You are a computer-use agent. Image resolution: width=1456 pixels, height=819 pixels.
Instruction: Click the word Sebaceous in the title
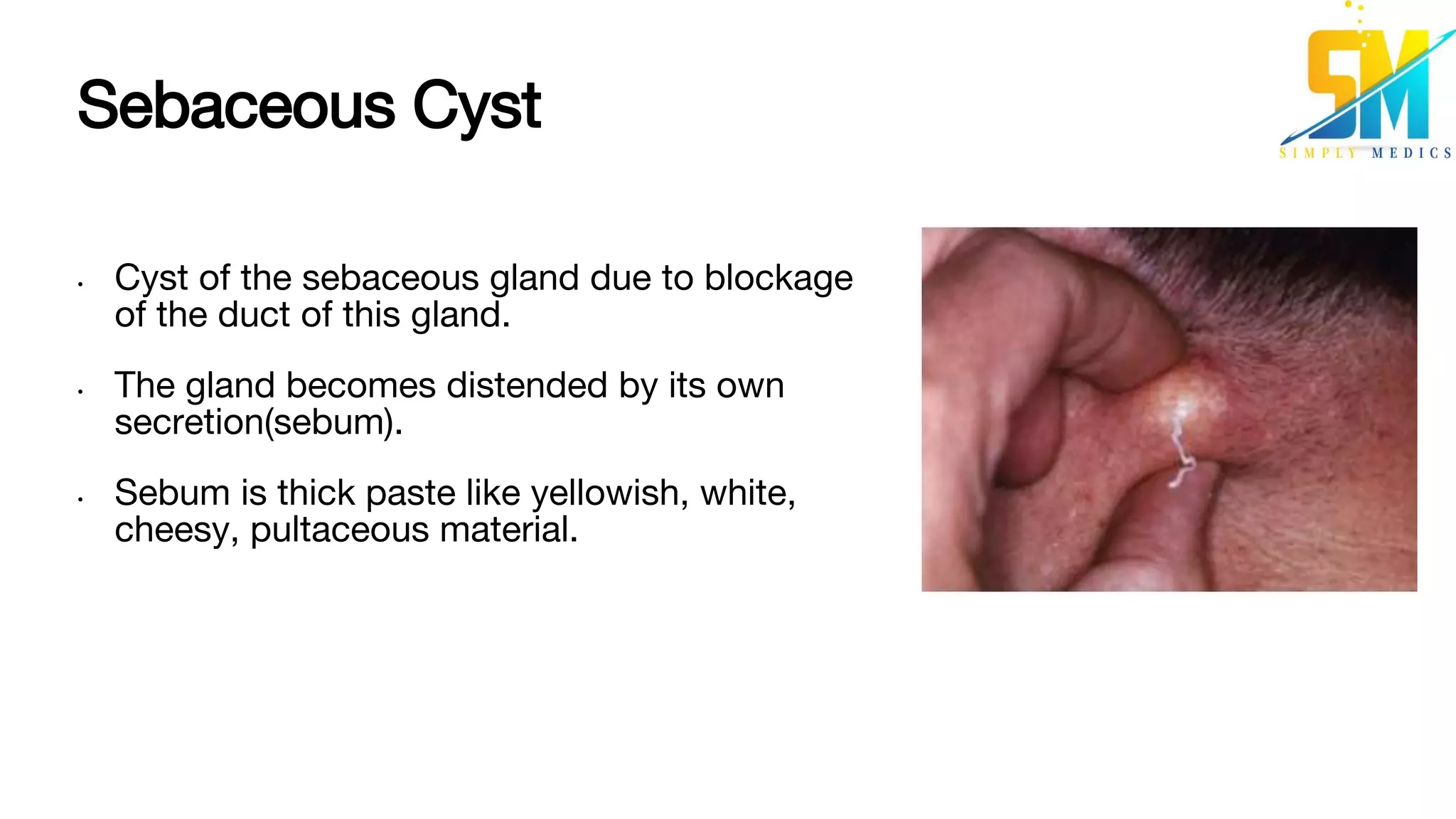point(235,106)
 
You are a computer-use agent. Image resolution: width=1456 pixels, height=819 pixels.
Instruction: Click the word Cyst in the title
point(476,106)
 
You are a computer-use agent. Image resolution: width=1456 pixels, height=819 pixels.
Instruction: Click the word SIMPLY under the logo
point(1317,153)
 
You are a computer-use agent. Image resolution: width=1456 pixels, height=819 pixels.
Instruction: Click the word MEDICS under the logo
point(1411,153)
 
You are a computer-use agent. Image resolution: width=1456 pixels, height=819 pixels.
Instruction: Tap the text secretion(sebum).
point(259,422)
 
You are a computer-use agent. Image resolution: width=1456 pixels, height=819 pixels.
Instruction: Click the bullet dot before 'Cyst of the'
point(81,284)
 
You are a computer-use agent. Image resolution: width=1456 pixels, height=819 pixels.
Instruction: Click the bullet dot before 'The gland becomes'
point(81,392)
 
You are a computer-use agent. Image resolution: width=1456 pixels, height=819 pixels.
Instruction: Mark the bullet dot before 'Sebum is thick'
point(81,500)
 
